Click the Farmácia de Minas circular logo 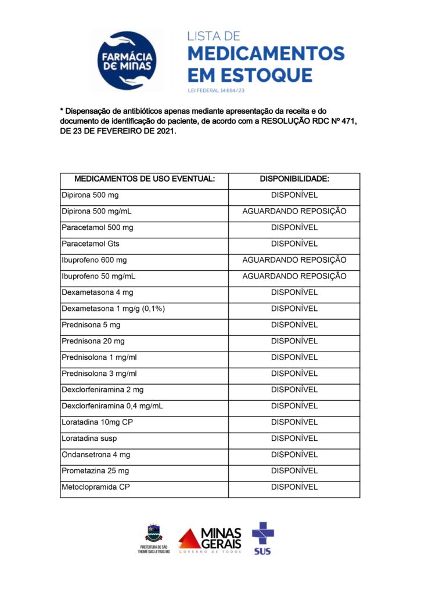(127, 60)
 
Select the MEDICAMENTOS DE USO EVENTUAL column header (145, 179)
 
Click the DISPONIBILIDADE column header (294, 179)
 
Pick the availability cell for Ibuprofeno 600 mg (294, 260)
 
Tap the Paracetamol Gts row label (91, 244)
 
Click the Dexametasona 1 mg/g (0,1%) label (113, 309)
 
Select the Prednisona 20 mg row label (93, 341)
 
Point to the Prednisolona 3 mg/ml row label (99, 374)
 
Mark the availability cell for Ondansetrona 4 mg (294, 455)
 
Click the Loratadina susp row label (89, 439)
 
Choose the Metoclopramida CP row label (95, 487)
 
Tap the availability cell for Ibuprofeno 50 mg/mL (294, 276)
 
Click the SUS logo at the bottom (262, 538)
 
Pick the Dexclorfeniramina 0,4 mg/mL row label (112, 406)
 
